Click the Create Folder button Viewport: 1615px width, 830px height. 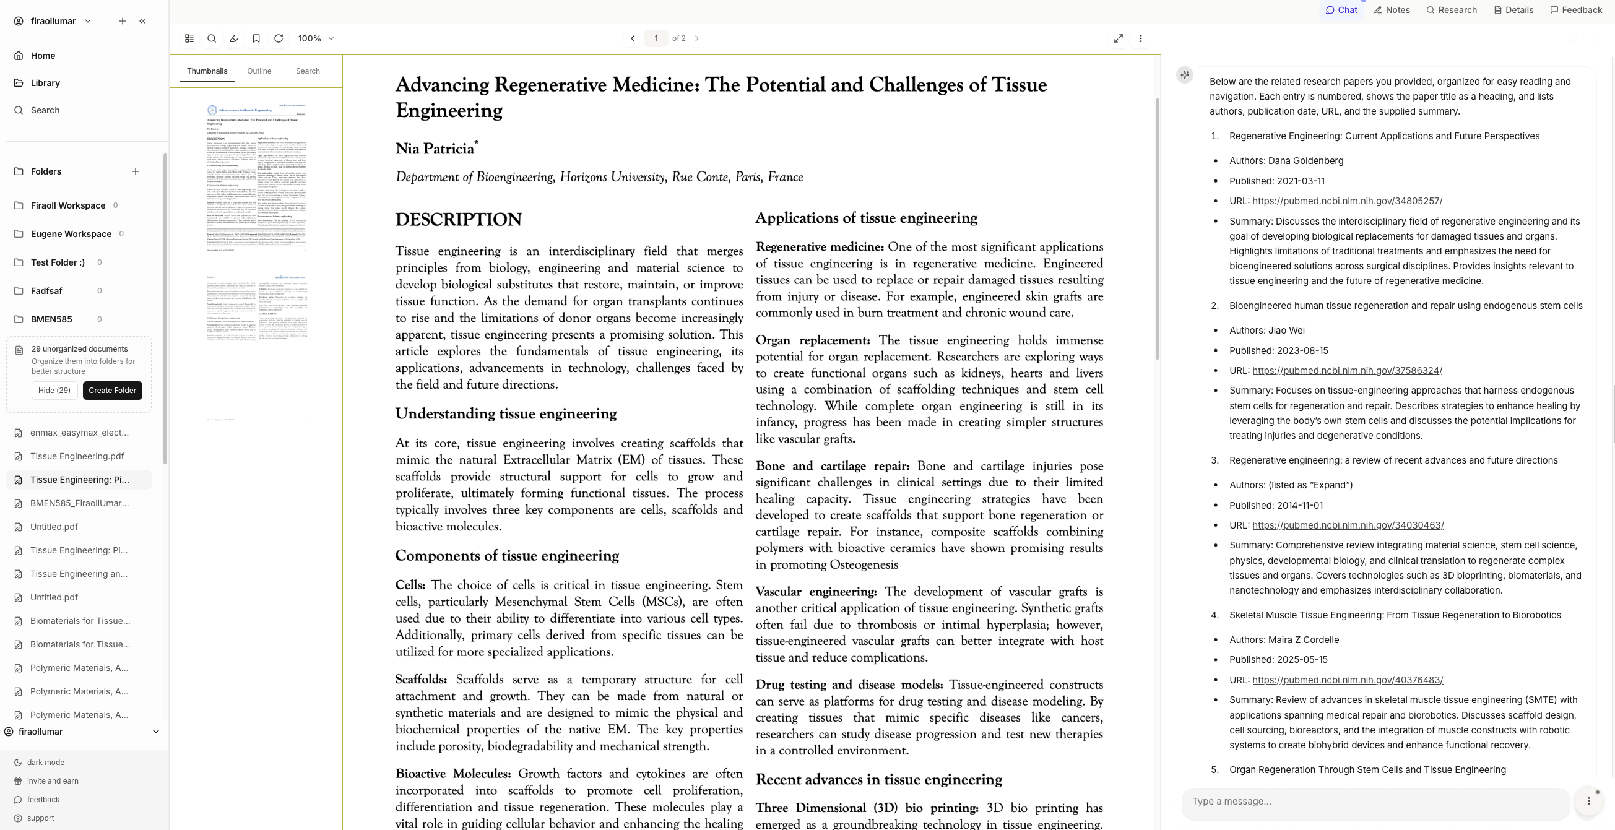pos(112,390)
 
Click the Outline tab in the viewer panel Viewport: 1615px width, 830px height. pos(259,71)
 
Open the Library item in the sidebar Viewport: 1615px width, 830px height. pos(45,83)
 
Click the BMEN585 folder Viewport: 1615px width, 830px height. pos(51,319)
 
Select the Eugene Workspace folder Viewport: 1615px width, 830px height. pos(71,234)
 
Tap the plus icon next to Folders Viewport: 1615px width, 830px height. pos(136,171)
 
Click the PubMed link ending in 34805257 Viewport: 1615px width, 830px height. pos(1347,201)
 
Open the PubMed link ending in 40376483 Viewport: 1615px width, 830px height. pos(1348,680)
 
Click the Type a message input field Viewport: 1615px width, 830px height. pos(1373,801)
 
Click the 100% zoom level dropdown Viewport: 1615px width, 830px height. pos(316,38)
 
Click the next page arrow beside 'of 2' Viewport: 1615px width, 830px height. pos(696,38)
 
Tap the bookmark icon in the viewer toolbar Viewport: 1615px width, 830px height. pos(256,38)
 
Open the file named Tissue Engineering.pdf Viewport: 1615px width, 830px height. pos(77,456)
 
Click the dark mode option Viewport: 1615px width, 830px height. pos(45,763)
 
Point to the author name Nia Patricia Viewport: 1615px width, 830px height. pos(435,149)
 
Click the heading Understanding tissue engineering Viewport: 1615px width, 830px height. pos(505,413)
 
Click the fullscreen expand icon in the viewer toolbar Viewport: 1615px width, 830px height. pos(1118,38)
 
